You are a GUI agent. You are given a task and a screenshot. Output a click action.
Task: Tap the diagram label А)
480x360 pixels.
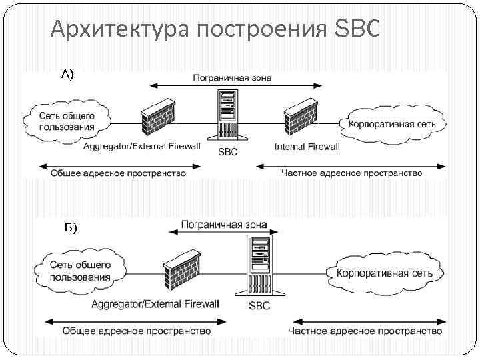pos(68,75)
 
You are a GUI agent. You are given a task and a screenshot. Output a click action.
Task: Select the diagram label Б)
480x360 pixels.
pos(71,228)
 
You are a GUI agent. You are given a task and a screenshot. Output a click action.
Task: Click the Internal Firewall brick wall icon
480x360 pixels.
pos(299,119)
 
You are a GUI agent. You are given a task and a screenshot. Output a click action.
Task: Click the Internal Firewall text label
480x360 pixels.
pos(307,147)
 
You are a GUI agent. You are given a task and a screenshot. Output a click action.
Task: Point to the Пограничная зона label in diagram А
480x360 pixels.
pos(232,78)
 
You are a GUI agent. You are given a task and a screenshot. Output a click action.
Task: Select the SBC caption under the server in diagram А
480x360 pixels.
pos(227,151)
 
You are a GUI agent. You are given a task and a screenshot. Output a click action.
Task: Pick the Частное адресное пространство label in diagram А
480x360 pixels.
pos(351,173)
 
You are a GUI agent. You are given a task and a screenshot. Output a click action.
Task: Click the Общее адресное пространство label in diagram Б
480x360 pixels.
pos(137,331)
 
